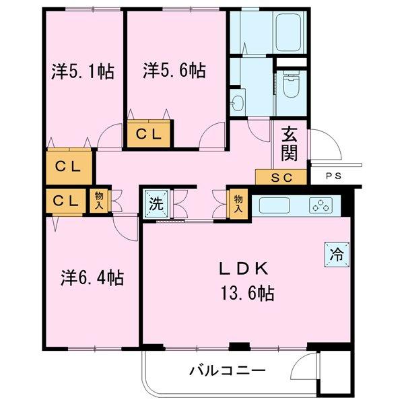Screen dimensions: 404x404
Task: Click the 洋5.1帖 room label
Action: click(82, 70)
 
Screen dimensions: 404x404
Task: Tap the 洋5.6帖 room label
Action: click(174, 69)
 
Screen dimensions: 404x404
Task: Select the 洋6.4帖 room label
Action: click(94, 277)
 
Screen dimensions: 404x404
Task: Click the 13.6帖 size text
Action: click(246, 293)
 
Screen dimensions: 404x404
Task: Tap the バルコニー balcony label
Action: click(227, 370)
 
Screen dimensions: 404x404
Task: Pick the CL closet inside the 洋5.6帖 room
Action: click(149, 133)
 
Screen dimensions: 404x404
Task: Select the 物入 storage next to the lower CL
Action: click(100, 199)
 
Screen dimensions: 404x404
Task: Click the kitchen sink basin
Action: click(273, 205)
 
